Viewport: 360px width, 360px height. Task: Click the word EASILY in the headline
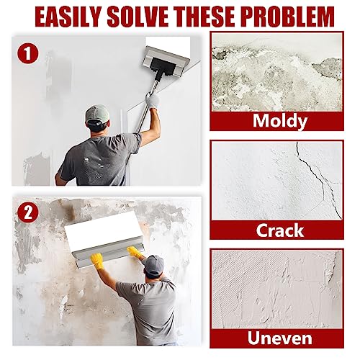click(x=68, y=17)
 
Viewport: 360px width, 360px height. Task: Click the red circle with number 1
click(x=28, y=53)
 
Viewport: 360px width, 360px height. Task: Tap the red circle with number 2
click(x=28, y=212)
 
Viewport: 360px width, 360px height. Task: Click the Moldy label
click(x=280, y=121)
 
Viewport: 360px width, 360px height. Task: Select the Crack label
click(x=280, y=230)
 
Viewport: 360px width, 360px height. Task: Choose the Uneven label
click(x=280, y=338)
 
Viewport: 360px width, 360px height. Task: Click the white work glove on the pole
click(x=152, y=101)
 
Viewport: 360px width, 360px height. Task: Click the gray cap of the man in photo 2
click(x=153, y=265)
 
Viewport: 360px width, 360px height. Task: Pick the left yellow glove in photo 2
click(x=97, y=261)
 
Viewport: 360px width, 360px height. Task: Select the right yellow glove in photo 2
click(x=134, y=252)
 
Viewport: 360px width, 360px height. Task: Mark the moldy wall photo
click(x=277, y=72)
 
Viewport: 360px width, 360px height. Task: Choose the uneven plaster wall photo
click(x=277, y=289)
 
